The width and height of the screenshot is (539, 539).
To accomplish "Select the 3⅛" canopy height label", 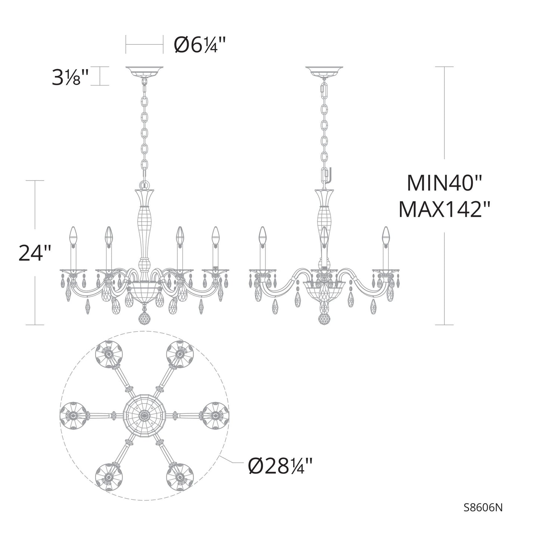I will click(70, 77).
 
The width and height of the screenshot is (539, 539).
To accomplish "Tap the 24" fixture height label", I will click(35, 253).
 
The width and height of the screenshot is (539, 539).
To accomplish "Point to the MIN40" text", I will click(445, 183).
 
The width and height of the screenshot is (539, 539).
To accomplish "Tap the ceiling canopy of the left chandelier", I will click(145, 70).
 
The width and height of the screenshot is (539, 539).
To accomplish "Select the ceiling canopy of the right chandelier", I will click(324, 70).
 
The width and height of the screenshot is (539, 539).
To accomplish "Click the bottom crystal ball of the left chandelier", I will click(145, 318).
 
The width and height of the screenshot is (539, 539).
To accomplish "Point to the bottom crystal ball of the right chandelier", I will click(325, 318).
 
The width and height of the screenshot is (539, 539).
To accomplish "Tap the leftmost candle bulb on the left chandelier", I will click(73, 235).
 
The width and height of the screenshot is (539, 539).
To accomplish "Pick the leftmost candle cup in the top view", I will click(72, 415).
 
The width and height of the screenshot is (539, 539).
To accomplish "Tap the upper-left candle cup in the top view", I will click(108, 353).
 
